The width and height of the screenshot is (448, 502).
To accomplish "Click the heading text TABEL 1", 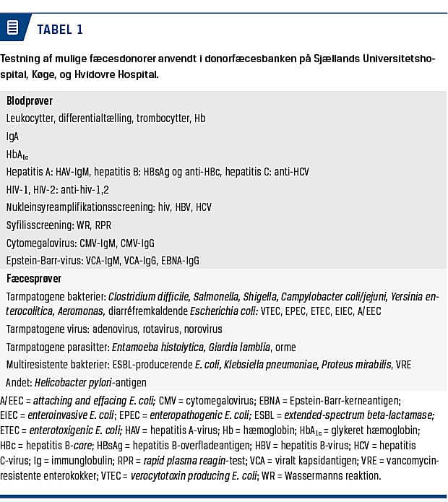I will (x=60, y=30).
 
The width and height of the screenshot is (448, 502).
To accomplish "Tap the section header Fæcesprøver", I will (x=33, y=278).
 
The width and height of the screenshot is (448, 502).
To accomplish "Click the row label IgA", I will (x=13, y=136).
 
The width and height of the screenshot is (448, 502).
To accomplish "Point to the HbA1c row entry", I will (x=17, y=155).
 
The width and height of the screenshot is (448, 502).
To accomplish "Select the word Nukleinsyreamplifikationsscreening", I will (x=79, y=207).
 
